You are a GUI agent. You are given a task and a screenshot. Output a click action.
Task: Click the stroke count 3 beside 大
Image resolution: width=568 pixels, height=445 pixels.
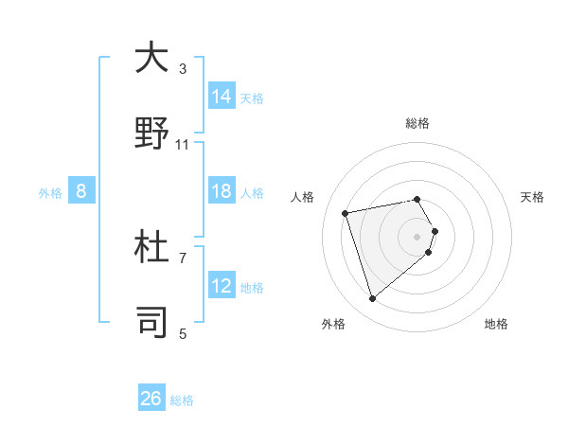(183, 68)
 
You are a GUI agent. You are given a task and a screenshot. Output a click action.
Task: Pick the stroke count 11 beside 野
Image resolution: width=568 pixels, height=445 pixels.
(183, 144)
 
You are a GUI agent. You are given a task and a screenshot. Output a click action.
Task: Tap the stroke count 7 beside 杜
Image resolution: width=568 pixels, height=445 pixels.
(183, 258)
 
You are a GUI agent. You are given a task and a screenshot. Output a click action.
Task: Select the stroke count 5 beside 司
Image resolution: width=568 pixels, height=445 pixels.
(183, 333)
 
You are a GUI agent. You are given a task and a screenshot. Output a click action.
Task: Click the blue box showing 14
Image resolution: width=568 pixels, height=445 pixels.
(222, 97)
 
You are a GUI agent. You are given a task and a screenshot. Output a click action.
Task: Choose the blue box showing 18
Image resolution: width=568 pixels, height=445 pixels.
(222, 191)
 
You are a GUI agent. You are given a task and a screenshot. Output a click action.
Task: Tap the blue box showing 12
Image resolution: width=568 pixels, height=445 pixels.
(222, 286)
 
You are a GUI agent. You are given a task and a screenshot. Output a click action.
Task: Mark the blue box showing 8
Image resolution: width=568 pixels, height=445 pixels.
(81, 191)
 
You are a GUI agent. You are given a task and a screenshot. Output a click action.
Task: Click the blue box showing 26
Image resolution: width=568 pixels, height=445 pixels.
(151, 399)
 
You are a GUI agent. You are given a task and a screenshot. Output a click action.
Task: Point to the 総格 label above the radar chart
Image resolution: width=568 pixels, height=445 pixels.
(417, 123)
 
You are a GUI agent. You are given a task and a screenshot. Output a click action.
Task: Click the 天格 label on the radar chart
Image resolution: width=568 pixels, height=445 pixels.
(533, 197)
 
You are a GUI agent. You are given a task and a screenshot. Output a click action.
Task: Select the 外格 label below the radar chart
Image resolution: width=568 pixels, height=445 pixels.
(333, 324)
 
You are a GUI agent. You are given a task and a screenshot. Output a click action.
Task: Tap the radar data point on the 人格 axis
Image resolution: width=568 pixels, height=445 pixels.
(346, 212)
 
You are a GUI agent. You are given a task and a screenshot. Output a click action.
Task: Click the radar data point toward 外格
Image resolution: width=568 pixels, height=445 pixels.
(372, 299)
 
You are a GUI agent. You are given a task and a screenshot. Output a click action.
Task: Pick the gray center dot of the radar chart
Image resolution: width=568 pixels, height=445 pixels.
(417, 236)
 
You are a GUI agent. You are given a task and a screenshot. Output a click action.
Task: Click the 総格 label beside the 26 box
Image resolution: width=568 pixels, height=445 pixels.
(182, 400)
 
